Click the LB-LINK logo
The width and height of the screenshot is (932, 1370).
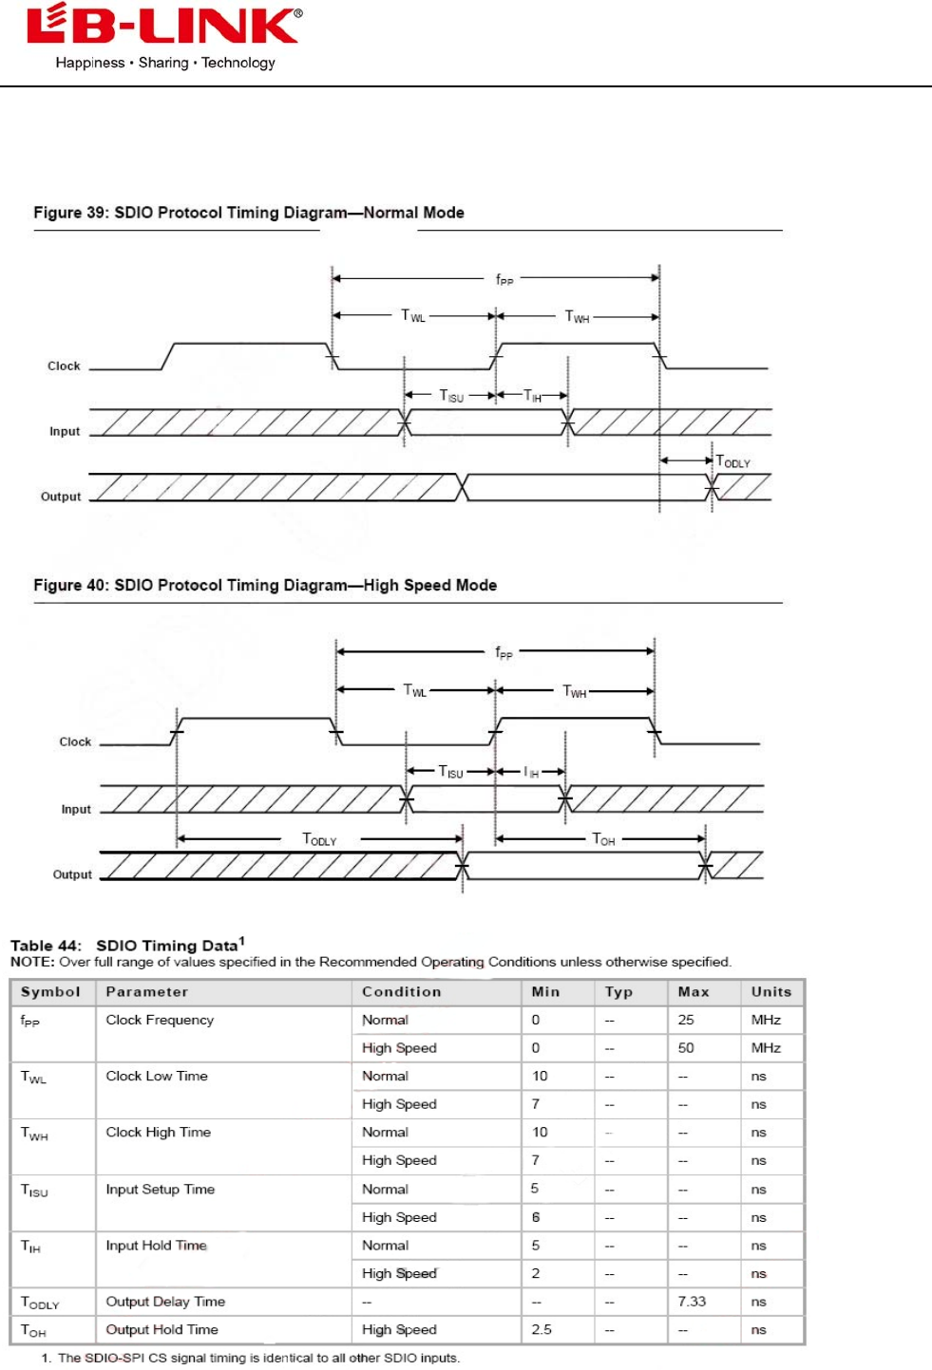pyautogui.click(x=164, y=27)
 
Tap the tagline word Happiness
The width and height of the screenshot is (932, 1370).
pyautogui.click(x=90, y=63)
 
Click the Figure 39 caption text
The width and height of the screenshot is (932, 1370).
pyautogui.click(x=249, y=213)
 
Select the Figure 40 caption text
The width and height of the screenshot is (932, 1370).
pyautogui.click(x=265, y=585)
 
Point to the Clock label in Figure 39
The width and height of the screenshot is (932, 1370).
pyautogui.click(x=64, y=366)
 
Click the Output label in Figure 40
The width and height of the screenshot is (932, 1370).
pyautogui.click(x=72, y=874)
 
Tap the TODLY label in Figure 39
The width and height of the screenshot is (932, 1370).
pyautogui.click(x=732, y=461)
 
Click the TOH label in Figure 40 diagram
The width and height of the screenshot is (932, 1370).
pyautogui.click(x=603, y=839)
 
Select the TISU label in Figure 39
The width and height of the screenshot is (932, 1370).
pyautogui.click(x=451, y=396)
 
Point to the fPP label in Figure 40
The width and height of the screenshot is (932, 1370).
pyautogui.click(x=504, y=652)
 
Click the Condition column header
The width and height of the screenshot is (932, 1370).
pyautogui.click(x=401, y=992)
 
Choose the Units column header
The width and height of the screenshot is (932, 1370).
pyautogui.click(x=770, y=992)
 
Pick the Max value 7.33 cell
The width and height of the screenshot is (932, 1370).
pyautogui.click(x=692, y=1302)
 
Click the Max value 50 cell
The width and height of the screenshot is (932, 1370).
pyautogui.click(x=686, y=1048)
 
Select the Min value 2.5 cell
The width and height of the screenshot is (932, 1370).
pyautogui.click(x=542, y=1329)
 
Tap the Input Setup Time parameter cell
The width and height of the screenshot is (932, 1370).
pyautogui.click(x=161, y=1190)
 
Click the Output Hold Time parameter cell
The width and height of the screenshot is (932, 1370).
pyautogui.click(x=162, y=1329)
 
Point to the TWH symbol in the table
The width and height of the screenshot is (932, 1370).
pyautogui.click(x=34, y=1134)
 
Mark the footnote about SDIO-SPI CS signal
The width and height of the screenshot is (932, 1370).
pyautogui.click(x=251, y=1358)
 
